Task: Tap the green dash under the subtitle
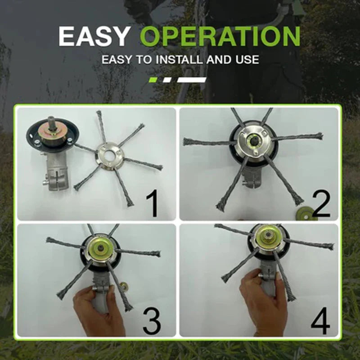pos(154,80)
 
